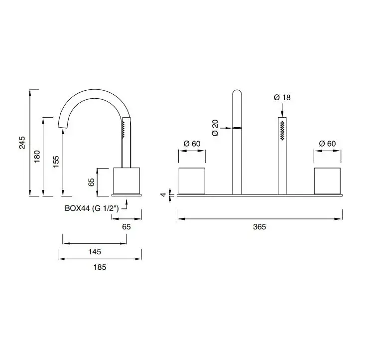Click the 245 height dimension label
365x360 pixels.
pos(22,143)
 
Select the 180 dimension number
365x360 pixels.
pos(37,157)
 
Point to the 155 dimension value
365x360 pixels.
pos(56,162)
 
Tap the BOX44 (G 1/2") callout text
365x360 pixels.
pos(92,208)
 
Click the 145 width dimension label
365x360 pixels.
pos(95,252)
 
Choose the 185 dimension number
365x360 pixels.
pos(100,267)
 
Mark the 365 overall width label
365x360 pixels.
pos(259,227)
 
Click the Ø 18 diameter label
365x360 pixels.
pos(282,97)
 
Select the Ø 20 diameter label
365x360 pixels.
pos(215,128)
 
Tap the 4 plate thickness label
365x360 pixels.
pos(164,194)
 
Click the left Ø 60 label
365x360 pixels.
pos(192,144)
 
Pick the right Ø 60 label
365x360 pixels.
pos(327,144)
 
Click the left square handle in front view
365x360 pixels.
pos(192,181)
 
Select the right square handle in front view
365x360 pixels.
pos(327,181)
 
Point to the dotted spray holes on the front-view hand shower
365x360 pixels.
pos(282,131)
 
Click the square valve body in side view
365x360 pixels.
pos(126,180)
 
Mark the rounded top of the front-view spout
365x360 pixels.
pos(237,92)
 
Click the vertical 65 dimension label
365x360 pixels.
pos(91,182)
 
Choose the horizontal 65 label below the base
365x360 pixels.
pos(126,227)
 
